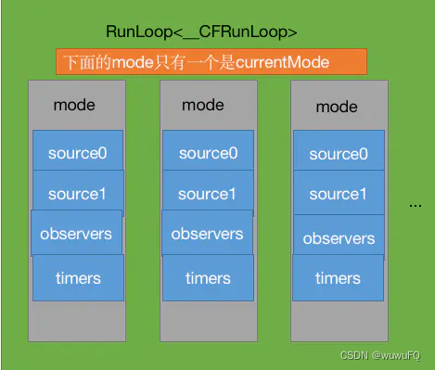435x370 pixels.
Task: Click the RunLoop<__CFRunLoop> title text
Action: point(215,32)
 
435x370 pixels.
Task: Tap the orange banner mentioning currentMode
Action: point(211,63)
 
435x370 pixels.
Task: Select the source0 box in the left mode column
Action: point(77,153)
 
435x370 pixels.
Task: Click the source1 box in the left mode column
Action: point(77,194)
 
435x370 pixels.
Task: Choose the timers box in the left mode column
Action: point(77,277)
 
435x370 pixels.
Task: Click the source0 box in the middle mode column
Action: point(208,153)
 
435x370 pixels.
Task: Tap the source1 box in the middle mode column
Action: point(208,194)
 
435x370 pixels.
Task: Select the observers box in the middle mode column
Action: point(208,235)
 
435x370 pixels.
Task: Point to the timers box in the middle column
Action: point(208,277)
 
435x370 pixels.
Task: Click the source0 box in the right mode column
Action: point(339,154)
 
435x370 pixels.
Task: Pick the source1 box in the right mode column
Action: point(339,194)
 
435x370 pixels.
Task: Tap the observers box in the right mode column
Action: point(339,238)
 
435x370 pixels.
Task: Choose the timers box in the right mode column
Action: point(339,278)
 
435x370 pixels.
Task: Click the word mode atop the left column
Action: point(74,106)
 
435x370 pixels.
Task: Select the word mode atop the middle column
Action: point(203,105)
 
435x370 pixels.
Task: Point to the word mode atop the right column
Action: point(337,107)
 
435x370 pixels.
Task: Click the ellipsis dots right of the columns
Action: point(415,204)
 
